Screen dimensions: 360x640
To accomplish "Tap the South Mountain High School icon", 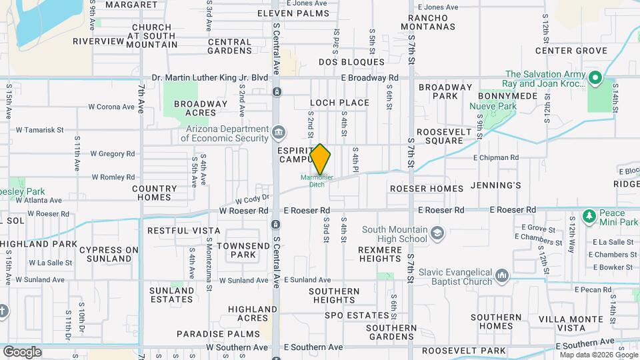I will [x=437, y=233].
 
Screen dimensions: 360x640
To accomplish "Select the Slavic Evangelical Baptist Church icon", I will [x=502, y=275].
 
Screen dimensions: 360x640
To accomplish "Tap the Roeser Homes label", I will [x=427, y=189].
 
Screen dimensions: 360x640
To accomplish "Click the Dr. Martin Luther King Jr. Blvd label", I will [x=209, y=78].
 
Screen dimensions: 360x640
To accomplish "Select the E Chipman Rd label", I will [x=495, y=158].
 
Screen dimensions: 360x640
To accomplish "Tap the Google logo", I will [x=22, y=351].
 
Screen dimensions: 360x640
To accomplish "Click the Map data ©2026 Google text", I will [x=598, y=355].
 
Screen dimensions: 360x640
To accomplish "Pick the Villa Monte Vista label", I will [x=561, y=323].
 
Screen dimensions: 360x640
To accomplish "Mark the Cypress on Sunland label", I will [x=109, y=254].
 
